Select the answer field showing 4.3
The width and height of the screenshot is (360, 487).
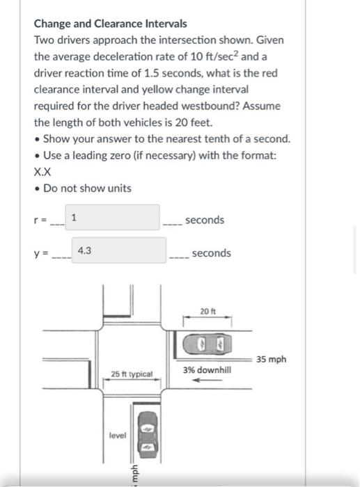click(118, 250)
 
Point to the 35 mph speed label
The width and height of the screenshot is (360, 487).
click(271, 360)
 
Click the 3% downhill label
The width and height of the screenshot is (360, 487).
click(207, 370)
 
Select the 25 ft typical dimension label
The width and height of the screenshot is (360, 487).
click(132, 374)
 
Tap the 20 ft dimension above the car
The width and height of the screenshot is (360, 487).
click(208, 311)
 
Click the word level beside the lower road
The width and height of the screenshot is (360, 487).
click(117, 436)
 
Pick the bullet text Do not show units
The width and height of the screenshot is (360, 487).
click(87, 188)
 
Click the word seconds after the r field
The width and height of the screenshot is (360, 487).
click(205, 220)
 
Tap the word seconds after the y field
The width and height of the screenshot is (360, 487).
click(211, 253)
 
